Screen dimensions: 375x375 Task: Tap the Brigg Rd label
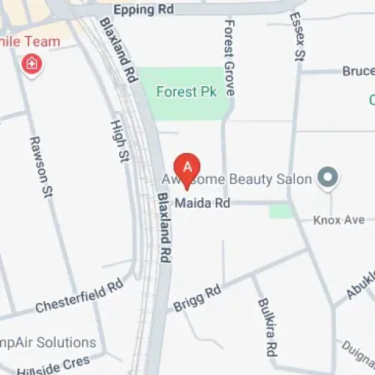click(x=197, y=297)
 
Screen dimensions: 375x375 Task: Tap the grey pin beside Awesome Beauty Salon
click(x=328, y=178)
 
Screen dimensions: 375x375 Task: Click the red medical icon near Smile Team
click(x=32, y=64)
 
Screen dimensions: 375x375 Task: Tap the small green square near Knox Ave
click(x=280, y=211)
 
